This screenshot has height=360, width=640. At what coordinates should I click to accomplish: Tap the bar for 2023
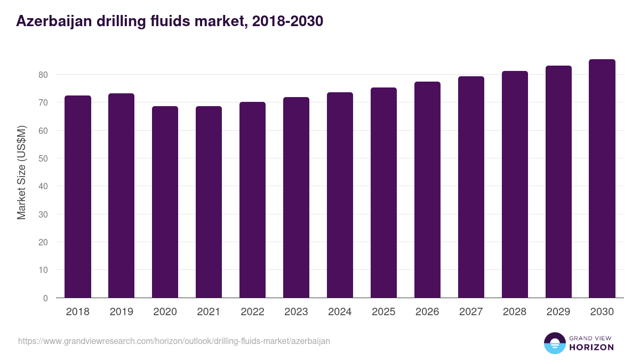click(x=297, y=197)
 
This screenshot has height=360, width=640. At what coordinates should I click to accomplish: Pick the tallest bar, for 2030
click(x=602, y=178)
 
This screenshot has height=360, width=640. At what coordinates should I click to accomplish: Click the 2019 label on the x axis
click(x=122, y=312)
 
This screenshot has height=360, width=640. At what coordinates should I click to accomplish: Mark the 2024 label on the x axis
click(x=340, y=312)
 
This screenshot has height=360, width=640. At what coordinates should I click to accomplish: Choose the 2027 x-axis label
click(x=471, y=312)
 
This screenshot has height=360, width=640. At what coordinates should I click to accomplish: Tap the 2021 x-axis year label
click(x=209, y=312)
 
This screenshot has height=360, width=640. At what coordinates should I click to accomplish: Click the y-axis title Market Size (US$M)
click(x=21, y=172)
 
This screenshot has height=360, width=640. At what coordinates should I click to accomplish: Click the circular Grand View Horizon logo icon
click(x=554, y=343)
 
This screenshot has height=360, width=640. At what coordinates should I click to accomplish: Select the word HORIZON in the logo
click(x=591, y=347)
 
